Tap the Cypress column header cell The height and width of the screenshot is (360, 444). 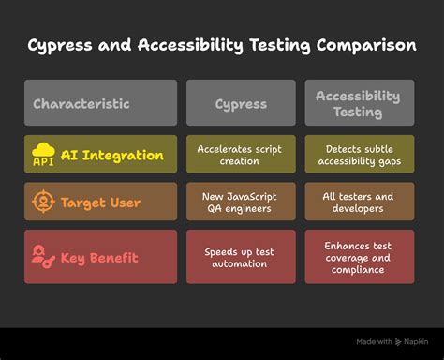pyautogui.click(x=241, y=103)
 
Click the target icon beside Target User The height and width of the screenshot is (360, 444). pyautogui.click(x=44, y=201)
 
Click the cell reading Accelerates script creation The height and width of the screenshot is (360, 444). pyautogui.click(x=241, y=154)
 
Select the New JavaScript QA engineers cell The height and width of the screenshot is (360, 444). pyautogui.click(x=241, y=202)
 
